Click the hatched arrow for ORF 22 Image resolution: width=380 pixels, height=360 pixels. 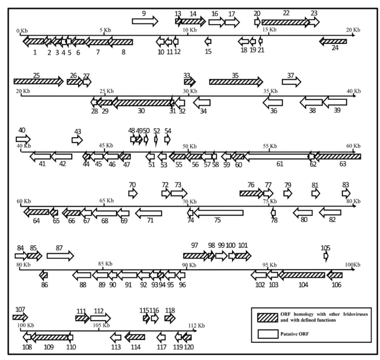pos(285,22)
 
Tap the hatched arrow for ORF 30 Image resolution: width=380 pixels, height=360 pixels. pos(142,103)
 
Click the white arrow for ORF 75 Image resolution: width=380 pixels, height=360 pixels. pos(218,213)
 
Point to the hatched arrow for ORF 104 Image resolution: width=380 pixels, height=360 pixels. pos(302,275)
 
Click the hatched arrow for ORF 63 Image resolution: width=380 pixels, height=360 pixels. pos(337,156)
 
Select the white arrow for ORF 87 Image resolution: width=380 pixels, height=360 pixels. pos(60,256)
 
